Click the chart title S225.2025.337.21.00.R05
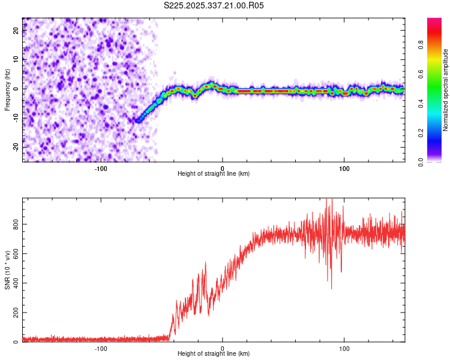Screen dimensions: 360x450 tap(214, 6)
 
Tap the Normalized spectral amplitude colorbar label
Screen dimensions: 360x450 tap(446, 90)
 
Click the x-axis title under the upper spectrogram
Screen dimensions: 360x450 tap(214, 174)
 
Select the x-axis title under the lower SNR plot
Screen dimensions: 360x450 tap(214, 354)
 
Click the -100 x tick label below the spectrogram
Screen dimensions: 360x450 tap(101, 169)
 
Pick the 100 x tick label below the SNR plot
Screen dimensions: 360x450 tap(344, 349)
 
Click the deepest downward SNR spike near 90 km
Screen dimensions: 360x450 tap(331, 289)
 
